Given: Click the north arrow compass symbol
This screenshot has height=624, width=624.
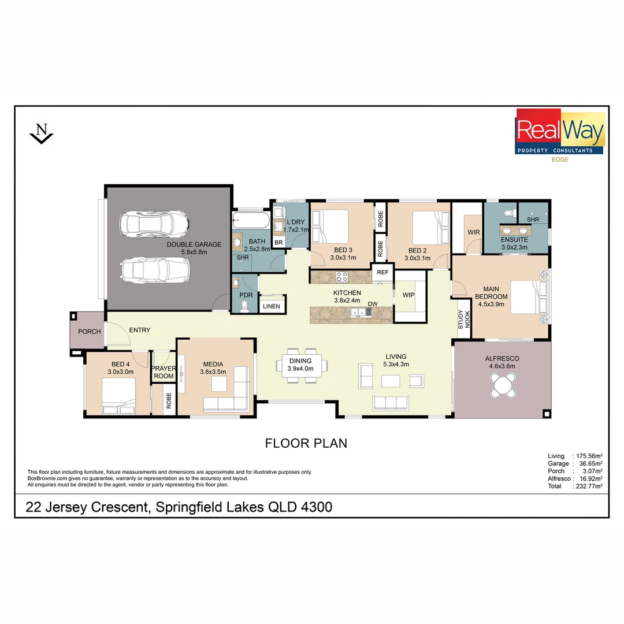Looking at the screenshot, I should point(41,133).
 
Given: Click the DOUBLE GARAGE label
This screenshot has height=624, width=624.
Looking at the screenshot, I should point(186,248).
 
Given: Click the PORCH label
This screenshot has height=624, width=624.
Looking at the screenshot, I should point(89,332).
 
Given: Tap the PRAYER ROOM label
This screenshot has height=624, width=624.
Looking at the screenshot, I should point(163,372).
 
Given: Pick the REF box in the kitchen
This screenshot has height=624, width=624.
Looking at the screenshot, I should point(382,272).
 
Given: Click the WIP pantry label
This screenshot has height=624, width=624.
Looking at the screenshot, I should point(408,295).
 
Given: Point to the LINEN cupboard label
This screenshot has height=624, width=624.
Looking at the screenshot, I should point(271,306).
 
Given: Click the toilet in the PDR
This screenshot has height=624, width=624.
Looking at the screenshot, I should point(246,305).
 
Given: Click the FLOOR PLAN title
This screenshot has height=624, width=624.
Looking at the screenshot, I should point(306,443).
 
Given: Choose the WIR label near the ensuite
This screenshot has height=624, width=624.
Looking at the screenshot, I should point(473,232).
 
